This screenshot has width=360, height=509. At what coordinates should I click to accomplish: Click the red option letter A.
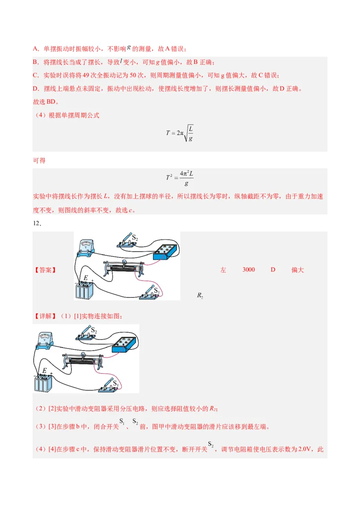pyautogui.click(x=36, y=49)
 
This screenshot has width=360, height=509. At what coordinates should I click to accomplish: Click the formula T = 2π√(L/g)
pyautogui.click(x=180, y=133)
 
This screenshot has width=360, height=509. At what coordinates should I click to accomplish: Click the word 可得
pyautogui.click(x=39, y=161)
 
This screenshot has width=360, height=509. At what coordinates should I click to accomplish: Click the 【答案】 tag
pyautogui.click(x=45, y=270)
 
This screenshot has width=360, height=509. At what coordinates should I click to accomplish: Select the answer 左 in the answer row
pyautogui.click(x=223, y=270)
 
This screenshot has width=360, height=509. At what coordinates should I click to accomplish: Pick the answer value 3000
pyautogui.click(x=248, y=270)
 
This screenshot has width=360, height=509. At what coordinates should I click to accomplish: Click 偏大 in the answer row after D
pyautogui.click(x=297, y=270)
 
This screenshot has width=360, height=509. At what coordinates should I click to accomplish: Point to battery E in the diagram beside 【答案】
pyautogui.click(x=85, y=289)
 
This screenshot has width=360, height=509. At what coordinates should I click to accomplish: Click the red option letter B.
pyautogui.click(x=36, y=63)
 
